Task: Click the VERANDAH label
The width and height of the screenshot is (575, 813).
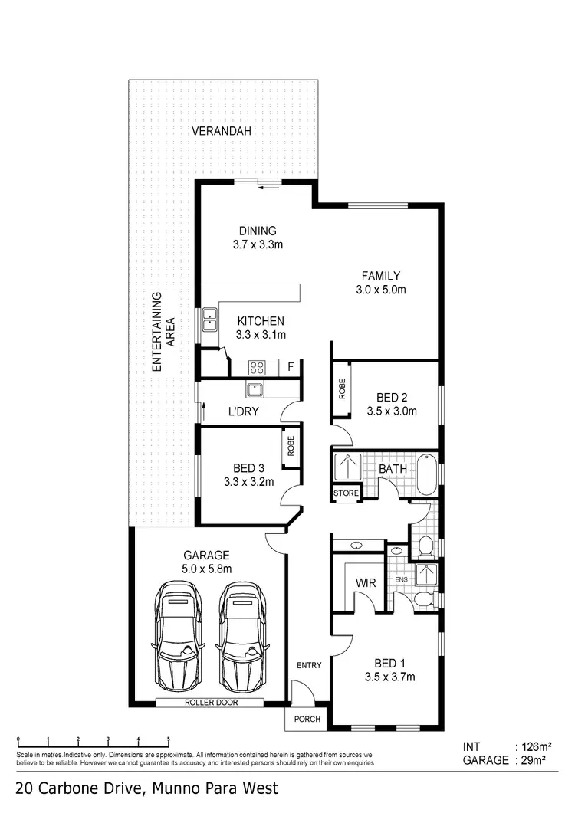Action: (222, 132)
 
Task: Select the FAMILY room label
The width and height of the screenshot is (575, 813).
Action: (380, 276)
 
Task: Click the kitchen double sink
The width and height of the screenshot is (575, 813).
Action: (209, 320)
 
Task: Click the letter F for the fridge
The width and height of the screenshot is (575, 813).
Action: (291, 367)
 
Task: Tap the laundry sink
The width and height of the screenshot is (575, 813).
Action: (255, 389)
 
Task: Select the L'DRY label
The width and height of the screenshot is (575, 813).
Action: (243, 411)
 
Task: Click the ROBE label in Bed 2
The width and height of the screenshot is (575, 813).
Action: (342, 389)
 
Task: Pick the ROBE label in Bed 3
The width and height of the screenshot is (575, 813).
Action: (291, 447)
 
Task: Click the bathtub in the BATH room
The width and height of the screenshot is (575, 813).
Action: (426, 474)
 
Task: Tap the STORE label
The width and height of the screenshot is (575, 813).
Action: (345, 493)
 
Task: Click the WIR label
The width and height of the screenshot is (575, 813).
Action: (364, 583)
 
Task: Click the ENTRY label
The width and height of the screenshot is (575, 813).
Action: (308, 665)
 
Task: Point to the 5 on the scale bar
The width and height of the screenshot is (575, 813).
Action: (168, 740)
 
